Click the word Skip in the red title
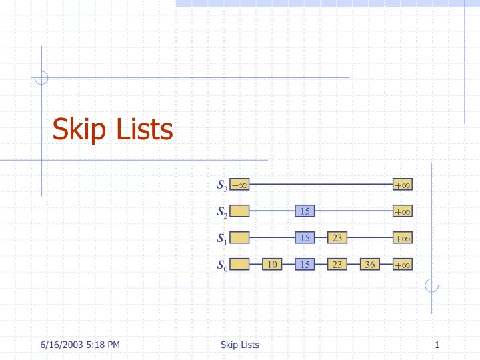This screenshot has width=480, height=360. (79, 129)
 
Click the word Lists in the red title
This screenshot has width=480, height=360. (145, 129)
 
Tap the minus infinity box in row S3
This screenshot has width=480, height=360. (239, 184)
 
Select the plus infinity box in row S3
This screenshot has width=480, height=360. (403, 184)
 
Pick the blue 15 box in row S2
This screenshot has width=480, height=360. (305, 211)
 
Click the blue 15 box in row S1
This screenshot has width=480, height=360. (305, 237)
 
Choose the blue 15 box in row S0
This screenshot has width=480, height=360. (305, 264)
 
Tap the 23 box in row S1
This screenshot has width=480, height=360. (337, 237)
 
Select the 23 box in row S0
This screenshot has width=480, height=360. (337, 264)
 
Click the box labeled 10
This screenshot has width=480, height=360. (272, 264)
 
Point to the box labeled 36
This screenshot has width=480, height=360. (370, 264)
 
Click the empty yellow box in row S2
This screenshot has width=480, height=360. (239, 211)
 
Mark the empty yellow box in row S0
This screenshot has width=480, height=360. (239, 264)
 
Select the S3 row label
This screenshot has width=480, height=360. (222, 185)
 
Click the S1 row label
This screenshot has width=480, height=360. (222, 239)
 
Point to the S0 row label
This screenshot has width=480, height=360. (222, 265)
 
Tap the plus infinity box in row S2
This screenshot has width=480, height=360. (403, 211)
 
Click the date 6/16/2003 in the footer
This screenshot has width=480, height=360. (61, 345)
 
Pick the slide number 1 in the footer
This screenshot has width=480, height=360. (437, 345)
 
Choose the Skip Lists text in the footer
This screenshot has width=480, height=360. (240, 345)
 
